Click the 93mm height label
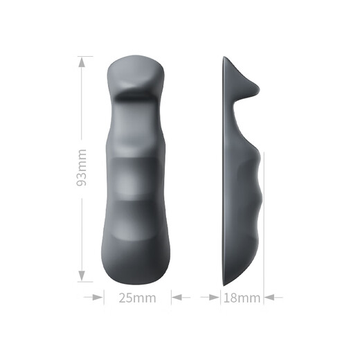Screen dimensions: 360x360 (82, 168)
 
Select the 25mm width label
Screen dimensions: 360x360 (138, 298)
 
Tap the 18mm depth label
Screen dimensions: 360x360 (242, 298)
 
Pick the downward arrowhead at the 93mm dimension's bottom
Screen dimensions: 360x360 (82, 276)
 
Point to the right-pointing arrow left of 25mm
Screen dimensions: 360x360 (93, 297)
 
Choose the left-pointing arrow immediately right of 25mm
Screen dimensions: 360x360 (181, 297)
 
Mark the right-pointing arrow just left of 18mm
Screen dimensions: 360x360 (210, 297)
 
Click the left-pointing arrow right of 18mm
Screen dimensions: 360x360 (273, 297)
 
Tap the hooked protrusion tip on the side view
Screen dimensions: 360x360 (258, 89)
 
